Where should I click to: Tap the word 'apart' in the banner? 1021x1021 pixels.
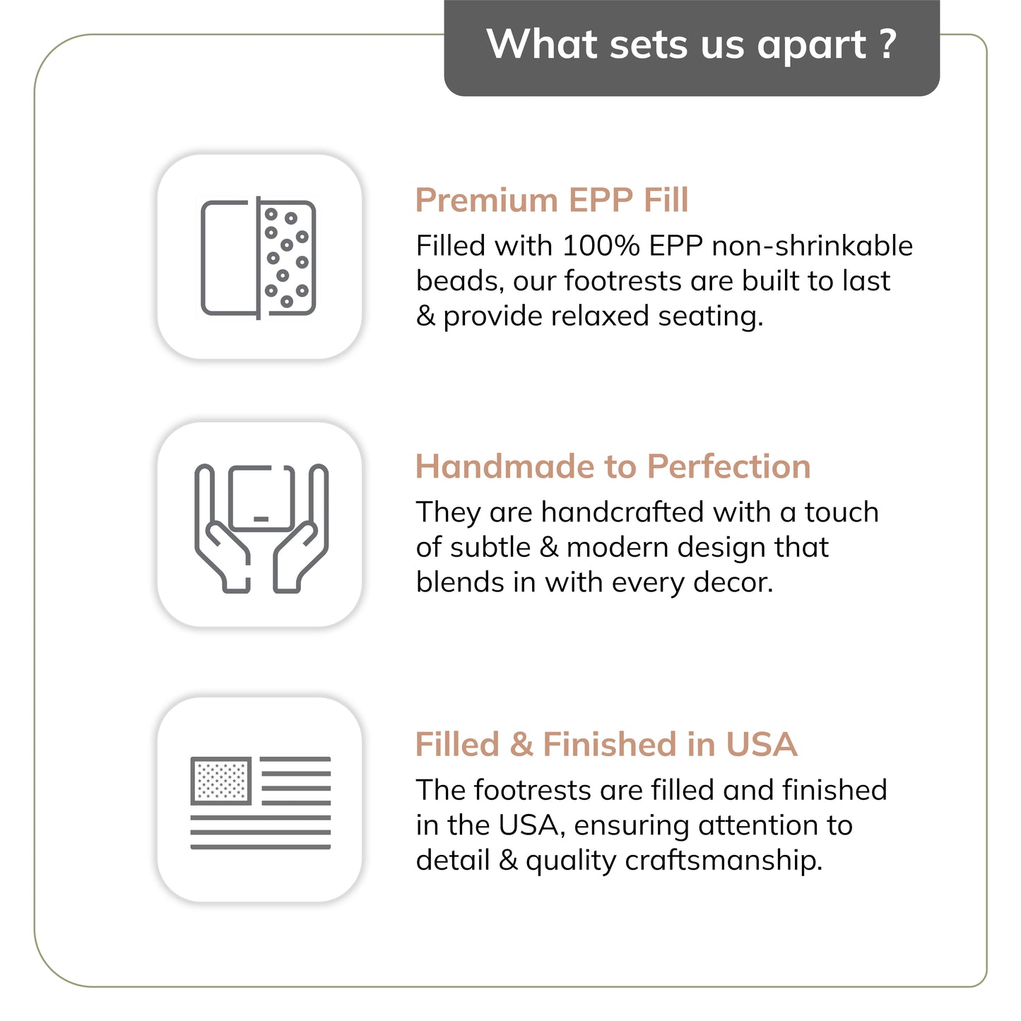pyautogui.click(x=813, y=47)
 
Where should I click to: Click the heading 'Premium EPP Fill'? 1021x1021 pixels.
pyautogui.click(x=552, y=200)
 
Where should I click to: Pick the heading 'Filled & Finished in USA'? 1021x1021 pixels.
pyautogui.click(x=606, y=744)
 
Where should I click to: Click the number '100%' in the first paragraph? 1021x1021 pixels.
pyautogui.click(x=601, y=246)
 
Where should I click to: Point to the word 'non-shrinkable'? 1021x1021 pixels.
pyautogui.click(x=813, y=246)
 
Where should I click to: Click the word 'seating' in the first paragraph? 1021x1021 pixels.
pyautogui.click(x=710, y=317)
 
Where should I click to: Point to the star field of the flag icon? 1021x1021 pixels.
pyautogui.click(x=221, y=781)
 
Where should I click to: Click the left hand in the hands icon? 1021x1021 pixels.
pyautogui.click(x=221, y=529)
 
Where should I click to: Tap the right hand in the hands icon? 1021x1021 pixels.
pyautogui.click(x=300, y=529)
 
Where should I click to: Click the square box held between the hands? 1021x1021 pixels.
pyautogui.click(x=261, y=499)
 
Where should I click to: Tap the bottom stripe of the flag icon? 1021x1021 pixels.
pyautogui.click(x=260, y=846)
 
